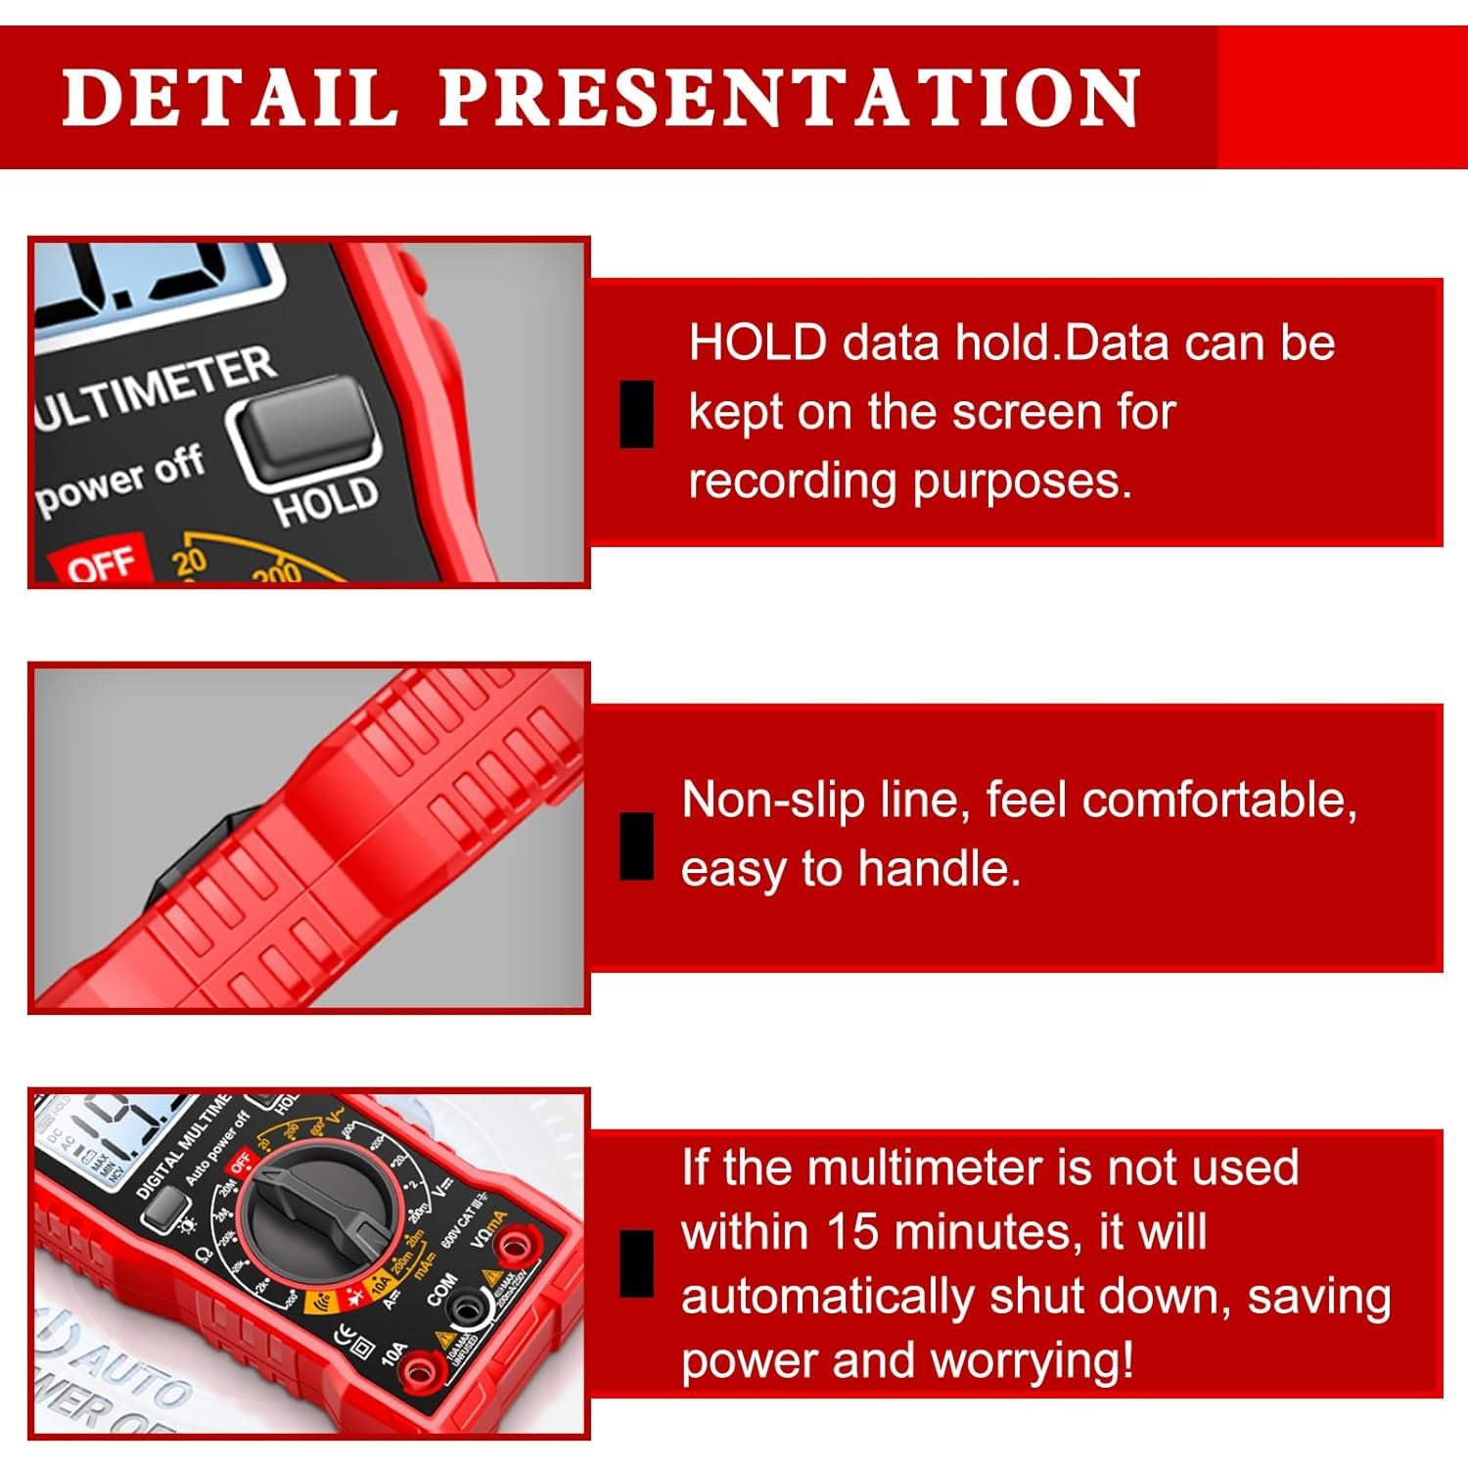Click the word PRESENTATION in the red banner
[789, 97]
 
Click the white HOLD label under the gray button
[326, 500]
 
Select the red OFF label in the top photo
[100, 564]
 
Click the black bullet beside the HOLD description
[637, 414]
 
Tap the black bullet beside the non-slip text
[637, 847]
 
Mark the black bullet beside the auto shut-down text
[637, 1262]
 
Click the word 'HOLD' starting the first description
[757, 344]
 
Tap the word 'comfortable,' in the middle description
[1219, 800]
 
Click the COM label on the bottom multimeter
[441, 1288]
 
